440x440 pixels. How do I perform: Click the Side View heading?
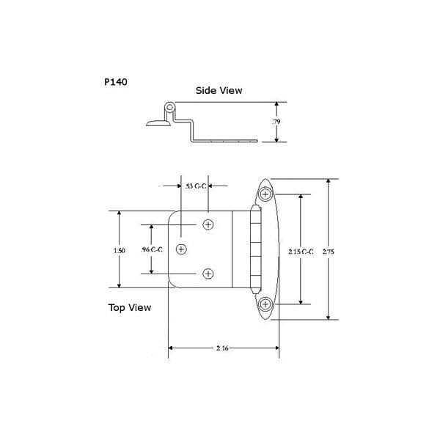point(219,91)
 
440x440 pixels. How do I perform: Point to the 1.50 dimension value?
point(120,250)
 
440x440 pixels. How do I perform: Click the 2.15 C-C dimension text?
point(301,250)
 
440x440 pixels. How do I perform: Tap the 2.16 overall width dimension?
point(224,348)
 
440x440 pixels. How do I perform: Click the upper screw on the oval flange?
point(265,194)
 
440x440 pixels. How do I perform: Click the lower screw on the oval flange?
point(265,304)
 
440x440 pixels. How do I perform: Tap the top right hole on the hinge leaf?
point(208,224)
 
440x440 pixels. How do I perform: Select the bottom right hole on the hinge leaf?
point(208,274)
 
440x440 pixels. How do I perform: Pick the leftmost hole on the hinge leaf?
point(181,249)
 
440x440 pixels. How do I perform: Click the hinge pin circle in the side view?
point(170,108)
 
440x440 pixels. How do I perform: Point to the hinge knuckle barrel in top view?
point(254,249)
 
